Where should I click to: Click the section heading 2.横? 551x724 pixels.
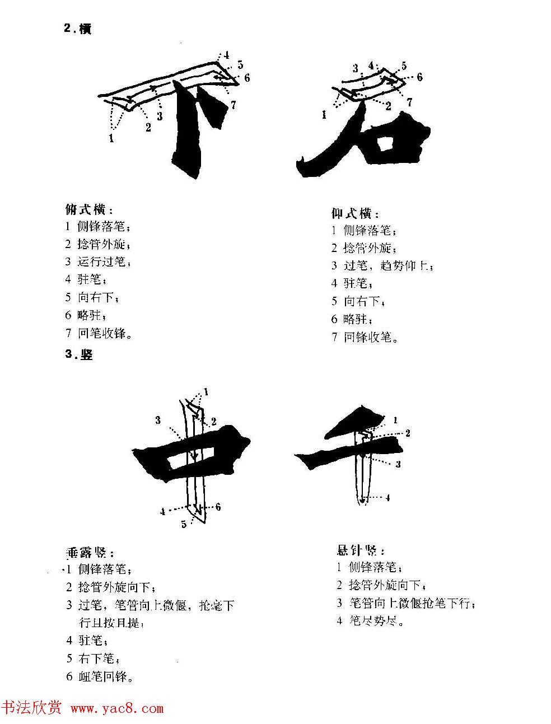78,29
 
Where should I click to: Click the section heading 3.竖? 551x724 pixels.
79,354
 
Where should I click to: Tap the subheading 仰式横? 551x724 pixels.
355,214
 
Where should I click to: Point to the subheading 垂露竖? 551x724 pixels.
90,553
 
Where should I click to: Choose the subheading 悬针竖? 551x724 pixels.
360,550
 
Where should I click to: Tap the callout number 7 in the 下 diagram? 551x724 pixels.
233,105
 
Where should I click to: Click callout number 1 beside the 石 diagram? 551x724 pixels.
324,115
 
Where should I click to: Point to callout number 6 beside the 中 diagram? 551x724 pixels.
218,507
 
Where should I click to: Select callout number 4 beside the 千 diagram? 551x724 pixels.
387,498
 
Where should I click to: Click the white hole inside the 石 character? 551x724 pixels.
385,146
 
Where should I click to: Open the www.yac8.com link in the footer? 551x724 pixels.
117,709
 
